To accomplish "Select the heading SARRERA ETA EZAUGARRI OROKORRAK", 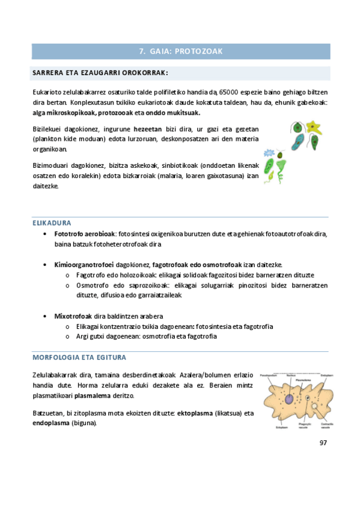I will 99,73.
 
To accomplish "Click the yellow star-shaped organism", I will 313,127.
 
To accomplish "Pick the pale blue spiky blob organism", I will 270,153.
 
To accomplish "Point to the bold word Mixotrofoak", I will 73,316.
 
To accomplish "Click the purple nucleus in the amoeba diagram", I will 289,399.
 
